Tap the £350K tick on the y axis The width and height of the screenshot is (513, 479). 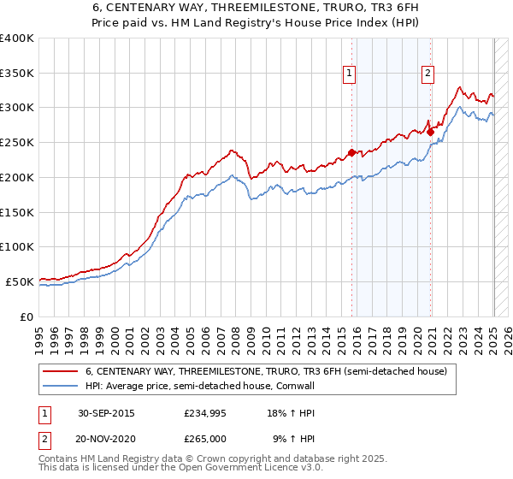tap(17, 73)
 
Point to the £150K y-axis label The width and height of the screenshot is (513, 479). tap(17, 211)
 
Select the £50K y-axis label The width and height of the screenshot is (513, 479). tap(20, 281)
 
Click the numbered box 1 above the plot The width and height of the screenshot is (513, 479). tap(351, 74)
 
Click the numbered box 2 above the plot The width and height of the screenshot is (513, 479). tap(427, 74)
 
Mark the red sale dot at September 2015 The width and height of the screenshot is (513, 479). tap(351, 153)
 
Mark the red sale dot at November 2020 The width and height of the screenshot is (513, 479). tap(430, 132)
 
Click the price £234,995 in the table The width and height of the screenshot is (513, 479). tap(205, 413)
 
